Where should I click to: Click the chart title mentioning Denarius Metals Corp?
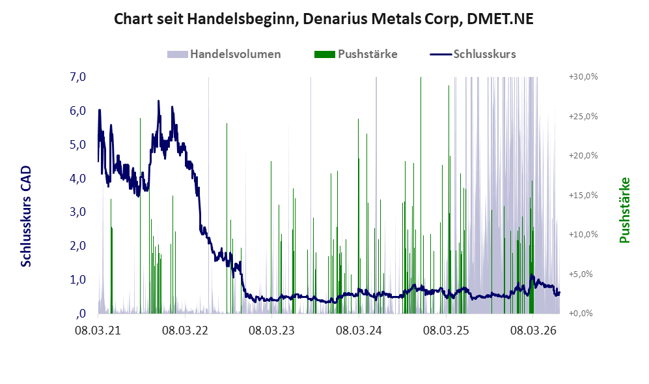point(324,19)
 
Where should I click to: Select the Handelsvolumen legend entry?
point(224,54)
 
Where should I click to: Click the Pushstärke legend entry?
point(356,54)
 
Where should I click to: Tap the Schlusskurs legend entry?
point(473,54)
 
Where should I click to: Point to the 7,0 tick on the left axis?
point(78,77)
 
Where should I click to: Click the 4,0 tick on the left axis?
point(78,179)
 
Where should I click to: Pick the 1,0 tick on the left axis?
point(78,280)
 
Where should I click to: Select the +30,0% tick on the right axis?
point(583,77)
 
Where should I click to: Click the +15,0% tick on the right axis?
point(583,195)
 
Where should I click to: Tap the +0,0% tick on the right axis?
point(581,313)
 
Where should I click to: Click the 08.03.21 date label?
point(98,331)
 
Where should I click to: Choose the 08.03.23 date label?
point(271,331)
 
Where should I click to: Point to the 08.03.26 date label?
point(533,331)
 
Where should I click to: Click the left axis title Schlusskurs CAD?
point(26,216)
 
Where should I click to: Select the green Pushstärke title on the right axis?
point(624,210)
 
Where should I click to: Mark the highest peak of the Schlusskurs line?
point(158,101)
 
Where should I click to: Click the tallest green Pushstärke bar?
point(421,195)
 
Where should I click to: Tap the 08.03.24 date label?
point(359,331)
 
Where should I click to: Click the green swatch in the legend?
point(324,54)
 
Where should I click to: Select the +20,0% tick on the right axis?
point(583,156)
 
